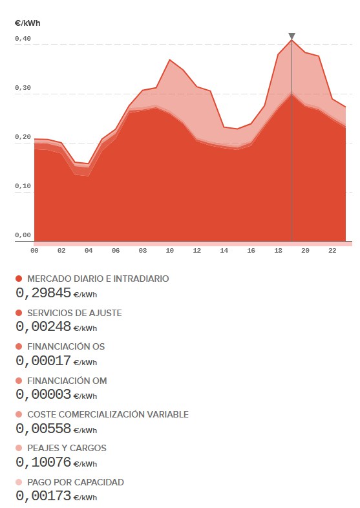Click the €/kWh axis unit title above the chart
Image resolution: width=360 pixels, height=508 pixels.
[x=28, y=23]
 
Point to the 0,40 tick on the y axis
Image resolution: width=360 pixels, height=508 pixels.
[x=23, y=39]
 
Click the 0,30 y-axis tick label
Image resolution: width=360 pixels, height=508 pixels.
[x=23, y=88]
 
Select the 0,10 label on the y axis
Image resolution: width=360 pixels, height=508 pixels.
[x=23, y=186]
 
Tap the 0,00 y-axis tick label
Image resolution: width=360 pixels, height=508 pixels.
[x=23, y=235]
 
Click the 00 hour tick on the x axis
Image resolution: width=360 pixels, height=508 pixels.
[x=34, y=250]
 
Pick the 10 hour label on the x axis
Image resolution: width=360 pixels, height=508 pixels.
[x=170, y=250]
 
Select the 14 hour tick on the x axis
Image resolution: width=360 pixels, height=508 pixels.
[x=224, y=250]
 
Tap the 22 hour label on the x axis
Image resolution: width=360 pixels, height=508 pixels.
[x=332, y=250]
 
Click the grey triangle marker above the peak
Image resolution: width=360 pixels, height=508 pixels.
[x=292, y=36]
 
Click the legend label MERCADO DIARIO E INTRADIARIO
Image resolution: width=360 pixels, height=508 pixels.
[x=98, y=279]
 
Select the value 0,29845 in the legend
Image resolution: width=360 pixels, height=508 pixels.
[x=43, y=293]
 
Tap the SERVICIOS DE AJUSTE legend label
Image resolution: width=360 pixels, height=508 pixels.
[x=74, y=313]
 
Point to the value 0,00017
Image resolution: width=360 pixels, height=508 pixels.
[x=43, y=361]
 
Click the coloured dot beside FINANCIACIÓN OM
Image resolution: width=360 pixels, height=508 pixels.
[x=19, y=380]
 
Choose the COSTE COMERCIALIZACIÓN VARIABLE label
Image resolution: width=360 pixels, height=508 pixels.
[x=108, y=414]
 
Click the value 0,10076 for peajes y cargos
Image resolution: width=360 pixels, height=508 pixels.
[x=43, y=462]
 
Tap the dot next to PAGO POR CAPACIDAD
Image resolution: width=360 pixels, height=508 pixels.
[x=19, y=482]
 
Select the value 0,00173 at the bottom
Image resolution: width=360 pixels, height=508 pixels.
[x=43, y=496]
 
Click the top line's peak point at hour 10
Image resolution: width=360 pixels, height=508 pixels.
[x=170, y=59]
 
